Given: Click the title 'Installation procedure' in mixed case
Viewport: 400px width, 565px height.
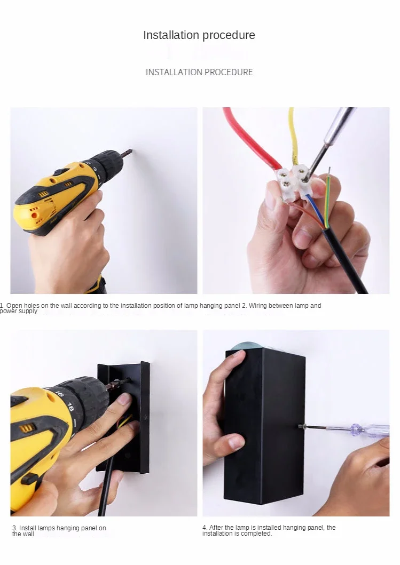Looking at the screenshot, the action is [x=199, y=35].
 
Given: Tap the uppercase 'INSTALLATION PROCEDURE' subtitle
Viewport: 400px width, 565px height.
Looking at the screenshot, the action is [x=199, y=72].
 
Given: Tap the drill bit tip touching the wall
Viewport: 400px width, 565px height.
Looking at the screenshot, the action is [x=130, y=152].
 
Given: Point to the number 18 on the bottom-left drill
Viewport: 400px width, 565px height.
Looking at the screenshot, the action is [x=70, y=407].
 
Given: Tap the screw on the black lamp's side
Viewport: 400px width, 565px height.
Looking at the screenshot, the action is [x=302, y=427].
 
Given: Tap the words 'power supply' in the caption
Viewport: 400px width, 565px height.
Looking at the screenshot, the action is [x=19, y=312].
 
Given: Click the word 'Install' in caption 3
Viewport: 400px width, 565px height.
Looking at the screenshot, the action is [x=27, y=528].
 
